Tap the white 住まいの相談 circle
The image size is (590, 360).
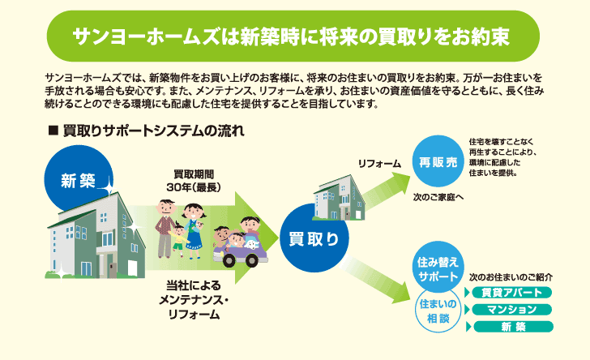tap(438, 311)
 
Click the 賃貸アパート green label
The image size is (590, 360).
tap(511, 292)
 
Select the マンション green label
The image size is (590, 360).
tap(511, 309)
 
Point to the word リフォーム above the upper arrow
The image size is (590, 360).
tap(379, 164)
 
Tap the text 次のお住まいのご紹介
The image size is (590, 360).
tap(511, 276)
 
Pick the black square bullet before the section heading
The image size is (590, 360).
tap(53, 130)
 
